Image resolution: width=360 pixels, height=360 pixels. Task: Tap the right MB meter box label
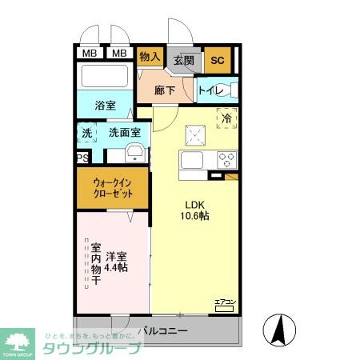(x=118, y=54)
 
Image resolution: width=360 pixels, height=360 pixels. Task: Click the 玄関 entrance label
(x=184, y=59)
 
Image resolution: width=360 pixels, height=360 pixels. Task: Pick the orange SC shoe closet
(x=216, y=58)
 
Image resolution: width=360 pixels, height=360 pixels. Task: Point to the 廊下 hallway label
(x=165, y=90)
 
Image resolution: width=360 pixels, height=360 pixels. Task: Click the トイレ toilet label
(x=210, y=90)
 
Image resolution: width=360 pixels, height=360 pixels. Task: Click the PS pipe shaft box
(x=82, y=158)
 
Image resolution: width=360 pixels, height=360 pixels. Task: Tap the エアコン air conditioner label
(x=225, y=302)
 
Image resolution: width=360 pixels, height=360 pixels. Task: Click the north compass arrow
(x=281, y=328)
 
